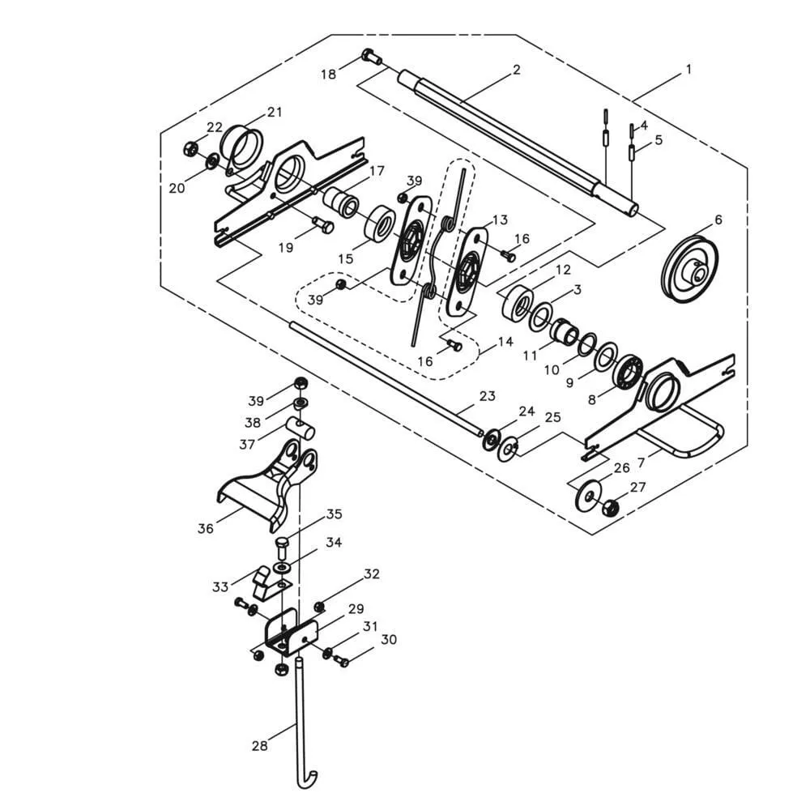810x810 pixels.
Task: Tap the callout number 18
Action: [x=328, y=75]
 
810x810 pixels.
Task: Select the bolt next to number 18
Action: [x=372, y=56]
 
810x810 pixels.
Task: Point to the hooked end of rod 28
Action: [x=307, y=778]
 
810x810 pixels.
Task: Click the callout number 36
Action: [x=205, y=528]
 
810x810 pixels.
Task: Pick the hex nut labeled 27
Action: [x=611, y=507]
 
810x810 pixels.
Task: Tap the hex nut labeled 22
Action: [x=190, y=149]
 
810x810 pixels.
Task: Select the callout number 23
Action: [x=487, y=396]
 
